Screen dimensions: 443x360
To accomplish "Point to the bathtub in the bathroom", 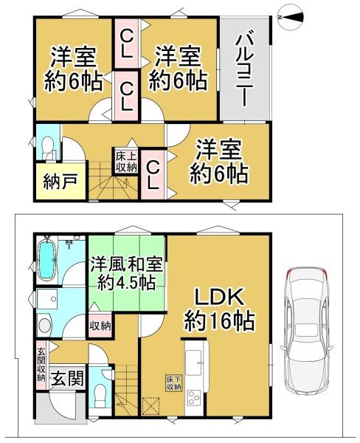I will coord(46,261).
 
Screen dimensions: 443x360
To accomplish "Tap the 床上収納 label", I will coord(125,161).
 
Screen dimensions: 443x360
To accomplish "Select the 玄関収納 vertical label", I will coord(41,364).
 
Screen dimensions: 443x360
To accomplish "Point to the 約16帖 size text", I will coord(220,323).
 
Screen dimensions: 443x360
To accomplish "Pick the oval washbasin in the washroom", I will coord(44,326).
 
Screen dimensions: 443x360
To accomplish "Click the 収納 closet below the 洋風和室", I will coord(100,326).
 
